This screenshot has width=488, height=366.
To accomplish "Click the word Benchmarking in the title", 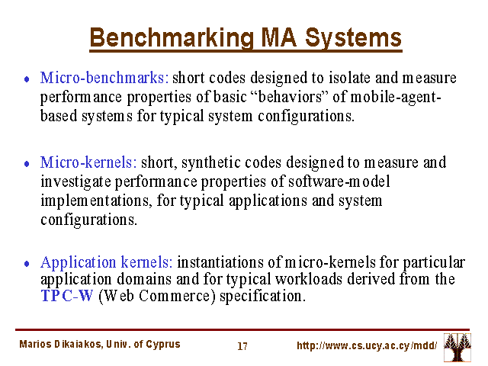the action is [x=172, y=38].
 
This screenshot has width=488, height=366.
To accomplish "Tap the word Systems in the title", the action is [x=353, y=38].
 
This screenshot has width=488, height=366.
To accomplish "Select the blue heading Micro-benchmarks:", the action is [x=104, y=78].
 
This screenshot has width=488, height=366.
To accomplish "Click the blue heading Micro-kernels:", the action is [x=88, y=162].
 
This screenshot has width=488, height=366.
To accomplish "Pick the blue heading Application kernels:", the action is [x=107, y=262].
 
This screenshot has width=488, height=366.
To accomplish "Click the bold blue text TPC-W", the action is [x=67, y=296].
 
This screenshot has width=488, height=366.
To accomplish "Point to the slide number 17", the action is [x=242, y=346].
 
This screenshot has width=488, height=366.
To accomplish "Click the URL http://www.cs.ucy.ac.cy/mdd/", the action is [x=367, y=345].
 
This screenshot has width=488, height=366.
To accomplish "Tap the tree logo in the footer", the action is [x=457, y=348].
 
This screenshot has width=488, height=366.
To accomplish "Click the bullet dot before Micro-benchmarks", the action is [x=27, y=79].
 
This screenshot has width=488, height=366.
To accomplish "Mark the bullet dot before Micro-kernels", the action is [x=27, y=164].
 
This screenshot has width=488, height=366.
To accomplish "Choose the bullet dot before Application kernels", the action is [x=27, y=264].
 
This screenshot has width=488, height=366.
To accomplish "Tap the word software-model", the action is [x=339, y=181].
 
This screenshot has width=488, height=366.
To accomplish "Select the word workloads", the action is [x=309, y=279].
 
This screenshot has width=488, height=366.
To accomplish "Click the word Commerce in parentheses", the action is [x=177, y=296].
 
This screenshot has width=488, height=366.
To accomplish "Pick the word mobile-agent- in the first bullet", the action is [x=396, y=97].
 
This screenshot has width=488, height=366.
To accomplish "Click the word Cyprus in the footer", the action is [x=163, y=345].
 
